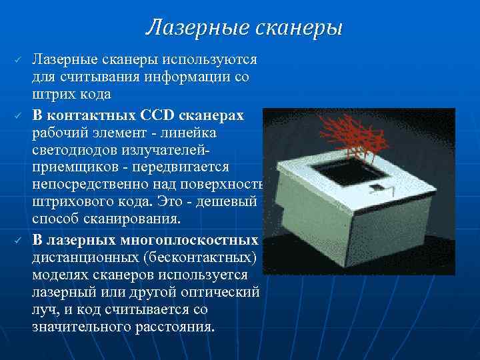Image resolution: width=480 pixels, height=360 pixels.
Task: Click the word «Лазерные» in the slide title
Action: [195, 27]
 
